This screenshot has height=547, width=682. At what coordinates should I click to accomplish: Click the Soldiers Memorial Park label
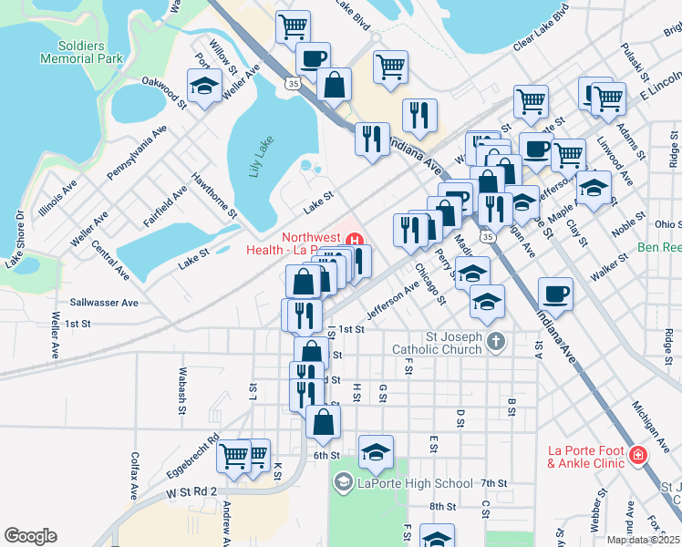tap(81, 52)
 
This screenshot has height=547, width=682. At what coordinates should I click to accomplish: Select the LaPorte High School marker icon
tap(343, 483)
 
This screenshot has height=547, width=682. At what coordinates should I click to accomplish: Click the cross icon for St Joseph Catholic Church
tap(495, 342)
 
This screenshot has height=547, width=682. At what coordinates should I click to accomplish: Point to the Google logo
tap(31, 535)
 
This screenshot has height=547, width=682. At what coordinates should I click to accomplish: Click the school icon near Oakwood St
tap(204, 87)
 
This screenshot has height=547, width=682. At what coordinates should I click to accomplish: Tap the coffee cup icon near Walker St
tap(556, 294)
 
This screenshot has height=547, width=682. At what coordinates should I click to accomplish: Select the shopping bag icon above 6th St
tap(323, 421)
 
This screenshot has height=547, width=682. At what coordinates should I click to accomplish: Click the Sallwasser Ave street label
tap(104, 302)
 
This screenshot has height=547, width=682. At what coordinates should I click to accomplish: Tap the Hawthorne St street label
tap(214, 196)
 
